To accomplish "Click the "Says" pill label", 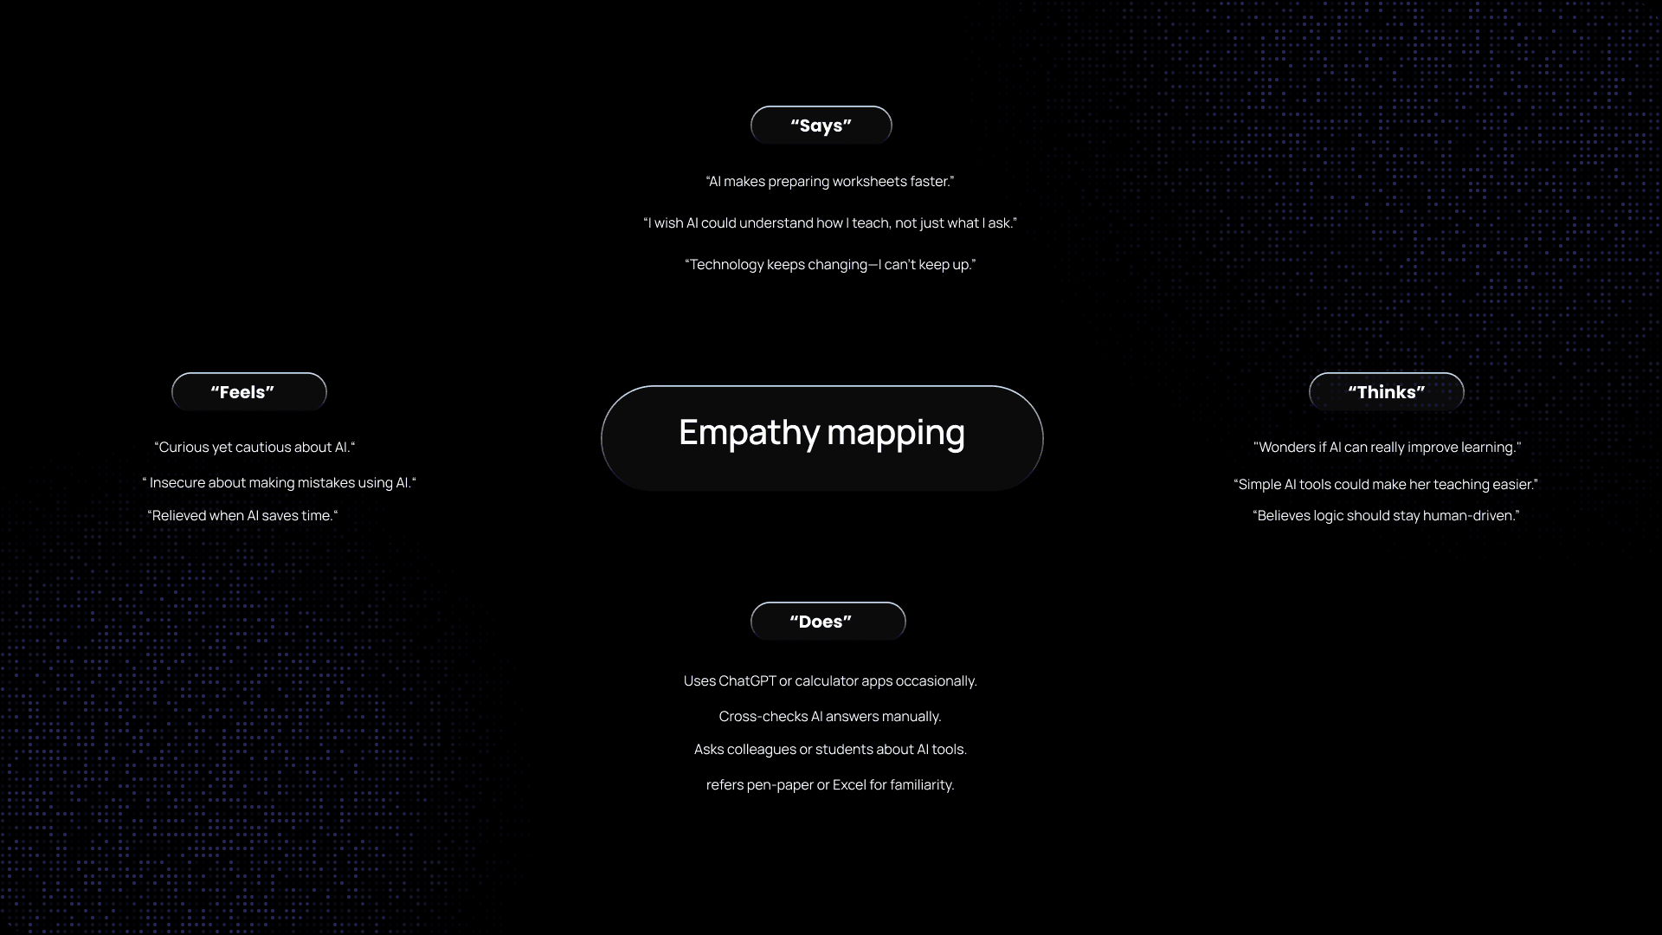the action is pos(821,126).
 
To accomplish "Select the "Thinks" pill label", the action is pos(1386,392).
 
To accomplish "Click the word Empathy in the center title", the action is pos(748,433).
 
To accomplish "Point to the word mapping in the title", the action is pos(895,433).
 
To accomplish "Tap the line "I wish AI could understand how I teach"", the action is pos(829,223).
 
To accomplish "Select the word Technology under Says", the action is pos(725,265).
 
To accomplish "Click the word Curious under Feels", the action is pos(184,448).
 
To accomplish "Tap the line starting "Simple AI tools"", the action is pos(1385,485).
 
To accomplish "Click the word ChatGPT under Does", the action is pos(747,681).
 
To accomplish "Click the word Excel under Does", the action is pos(849,785).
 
